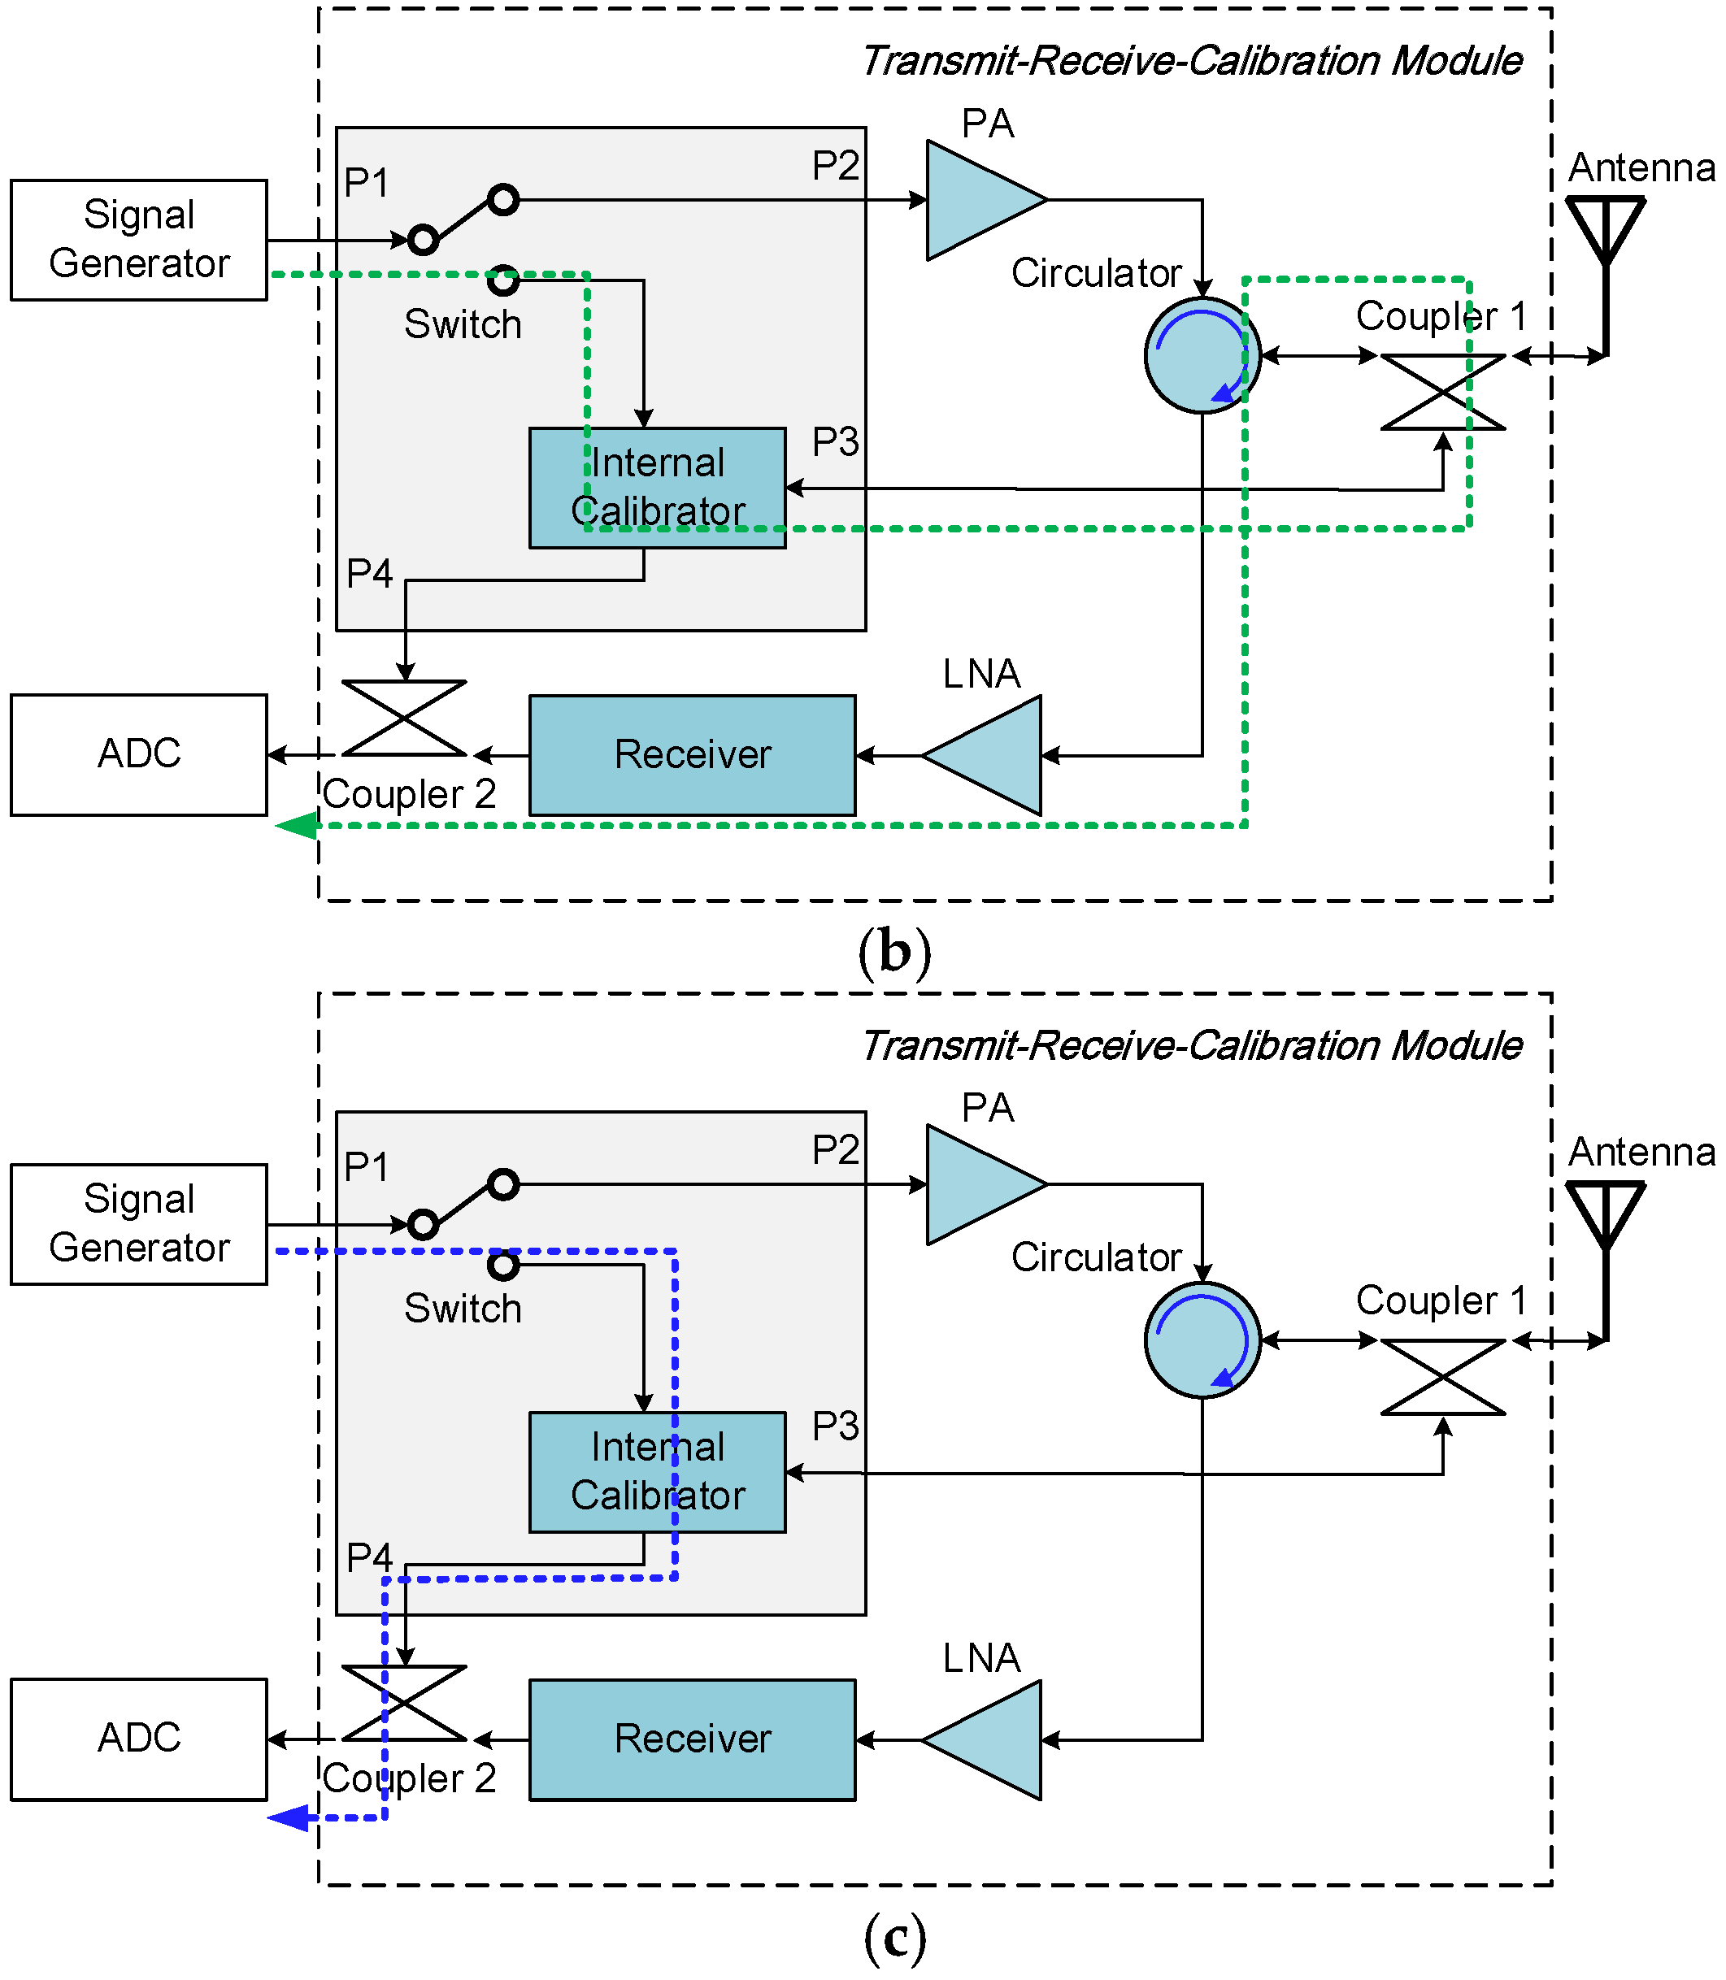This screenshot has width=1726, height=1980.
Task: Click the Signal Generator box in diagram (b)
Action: tap(139, 240)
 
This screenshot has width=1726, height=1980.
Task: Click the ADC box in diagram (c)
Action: tap(139, 1739)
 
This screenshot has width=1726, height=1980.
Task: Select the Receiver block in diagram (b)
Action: tap(692, 755)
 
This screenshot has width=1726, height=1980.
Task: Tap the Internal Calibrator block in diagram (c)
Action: tap(657, 1471)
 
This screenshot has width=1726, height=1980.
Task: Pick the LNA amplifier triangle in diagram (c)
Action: tap(992, 1740)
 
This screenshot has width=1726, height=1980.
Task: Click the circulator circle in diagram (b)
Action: tap(1202, 355)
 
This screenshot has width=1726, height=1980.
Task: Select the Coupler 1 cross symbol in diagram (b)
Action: tap(1442, 392)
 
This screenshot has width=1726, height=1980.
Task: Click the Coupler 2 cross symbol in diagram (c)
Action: tap(405, 1704)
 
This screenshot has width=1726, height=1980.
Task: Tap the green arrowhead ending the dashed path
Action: tap(297, 825)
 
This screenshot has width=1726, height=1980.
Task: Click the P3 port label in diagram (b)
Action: tap(835, 442)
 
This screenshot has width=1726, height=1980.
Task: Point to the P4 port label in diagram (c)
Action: tap(369, 1557)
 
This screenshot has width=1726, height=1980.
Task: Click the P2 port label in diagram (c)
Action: tap(835, 1150)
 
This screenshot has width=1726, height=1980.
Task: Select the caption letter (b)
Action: tap(895, 952)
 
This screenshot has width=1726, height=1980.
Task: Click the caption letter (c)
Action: tap(895, 1938)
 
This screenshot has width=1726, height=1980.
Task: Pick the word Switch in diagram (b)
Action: tap(463, 324)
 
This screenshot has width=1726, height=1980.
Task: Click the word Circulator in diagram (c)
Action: tap(1096, 1257)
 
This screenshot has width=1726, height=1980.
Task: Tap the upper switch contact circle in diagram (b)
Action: tap(502, 200)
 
